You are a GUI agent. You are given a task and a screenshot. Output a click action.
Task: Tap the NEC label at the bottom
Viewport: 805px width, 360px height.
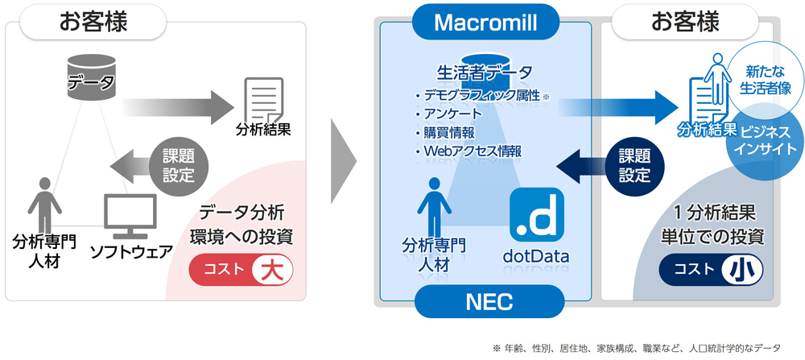(489, 301)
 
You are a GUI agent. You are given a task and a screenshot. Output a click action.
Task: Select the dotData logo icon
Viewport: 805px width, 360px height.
(536, 214)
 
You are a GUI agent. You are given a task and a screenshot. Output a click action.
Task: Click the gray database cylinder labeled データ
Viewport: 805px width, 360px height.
(92, 77)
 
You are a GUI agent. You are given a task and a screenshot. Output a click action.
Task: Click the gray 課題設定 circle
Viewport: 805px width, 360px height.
(179, 165)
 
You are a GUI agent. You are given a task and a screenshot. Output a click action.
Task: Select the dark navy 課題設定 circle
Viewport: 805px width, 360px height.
(634, 166)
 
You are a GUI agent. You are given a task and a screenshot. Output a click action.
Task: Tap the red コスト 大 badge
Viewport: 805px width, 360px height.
(242, 270)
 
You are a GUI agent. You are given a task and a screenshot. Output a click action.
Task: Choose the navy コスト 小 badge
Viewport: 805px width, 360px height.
(711, 269)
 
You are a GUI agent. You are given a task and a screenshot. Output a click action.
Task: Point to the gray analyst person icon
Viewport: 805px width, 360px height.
(44, 205)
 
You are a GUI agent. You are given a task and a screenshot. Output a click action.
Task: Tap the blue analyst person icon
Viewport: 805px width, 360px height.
(435, 206)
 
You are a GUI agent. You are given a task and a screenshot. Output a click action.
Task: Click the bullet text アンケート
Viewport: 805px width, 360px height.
(448, 114)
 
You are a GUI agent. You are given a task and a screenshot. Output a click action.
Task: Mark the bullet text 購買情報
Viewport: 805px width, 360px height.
(444, 133)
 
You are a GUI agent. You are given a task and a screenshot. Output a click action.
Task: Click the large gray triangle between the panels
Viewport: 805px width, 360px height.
(344, 161)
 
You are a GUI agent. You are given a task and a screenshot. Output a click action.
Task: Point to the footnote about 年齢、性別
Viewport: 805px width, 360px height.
(636, 348)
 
